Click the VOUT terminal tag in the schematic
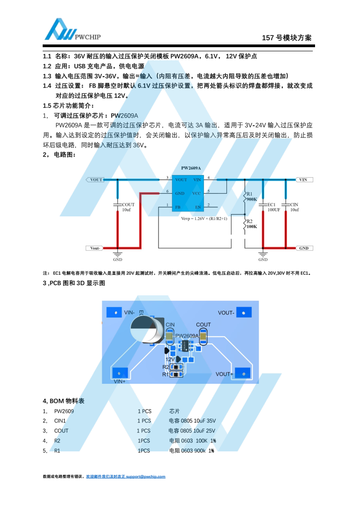pos(95,180)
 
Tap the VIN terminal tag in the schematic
pos(303,180)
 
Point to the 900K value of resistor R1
pos(252,199)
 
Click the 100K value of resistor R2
pos(252,226)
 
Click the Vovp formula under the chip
pos(204,218)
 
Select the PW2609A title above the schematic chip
pos(191,168)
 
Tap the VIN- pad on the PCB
pos(115,312)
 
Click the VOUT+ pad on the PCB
pos(243,373)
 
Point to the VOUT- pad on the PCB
pos(243,312)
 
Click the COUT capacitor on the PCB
pos(203,337)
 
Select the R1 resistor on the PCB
pos(177,374)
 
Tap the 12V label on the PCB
pos(170,359)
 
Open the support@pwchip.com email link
pos(146,476)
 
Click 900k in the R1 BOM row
pos(200,450)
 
